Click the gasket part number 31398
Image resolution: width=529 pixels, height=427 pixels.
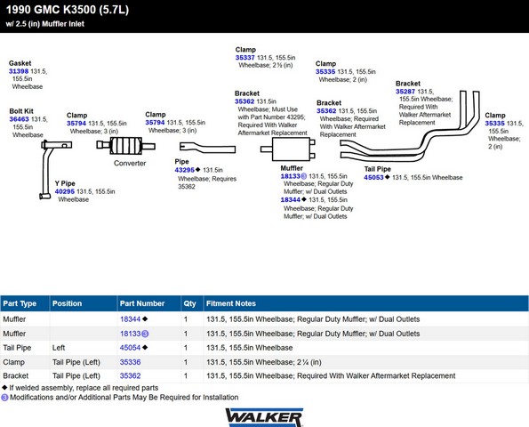19,71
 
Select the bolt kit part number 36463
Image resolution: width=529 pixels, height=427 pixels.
19,119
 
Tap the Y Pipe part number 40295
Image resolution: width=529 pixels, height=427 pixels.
65,192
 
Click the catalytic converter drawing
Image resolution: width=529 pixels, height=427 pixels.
125,146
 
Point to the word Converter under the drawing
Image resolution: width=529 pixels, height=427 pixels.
130,164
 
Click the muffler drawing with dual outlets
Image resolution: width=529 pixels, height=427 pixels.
288,149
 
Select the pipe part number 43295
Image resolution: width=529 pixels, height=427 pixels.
185,170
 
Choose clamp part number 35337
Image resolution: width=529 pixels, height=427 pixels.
244,58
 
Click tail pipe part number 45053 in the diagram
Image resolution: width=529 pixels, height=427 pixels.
373,178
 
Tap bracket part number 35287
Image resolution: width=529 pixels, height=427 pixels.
405,92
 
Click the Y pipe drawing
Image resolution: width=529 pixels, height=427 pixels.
47,169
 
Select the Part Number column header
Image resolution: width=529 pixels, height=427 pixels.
142,303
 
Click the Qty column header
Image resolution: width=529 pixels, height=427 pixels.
189,304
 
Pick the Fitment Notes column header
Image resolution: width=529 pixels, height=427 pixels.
231,303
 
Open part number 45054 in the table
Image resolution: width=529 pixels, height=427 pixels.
130,348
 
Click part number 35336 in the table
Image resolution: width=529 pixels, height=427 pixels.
130,362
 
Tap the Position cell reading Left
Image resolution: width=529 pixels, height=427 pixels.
59,348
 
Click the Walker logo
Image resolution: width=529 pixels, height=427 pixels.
264,417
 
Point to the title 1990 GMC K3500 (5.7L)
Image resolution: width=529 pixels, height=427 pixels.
68,10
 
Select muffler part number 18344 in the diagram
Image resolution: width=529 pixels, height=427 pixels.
291,200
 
